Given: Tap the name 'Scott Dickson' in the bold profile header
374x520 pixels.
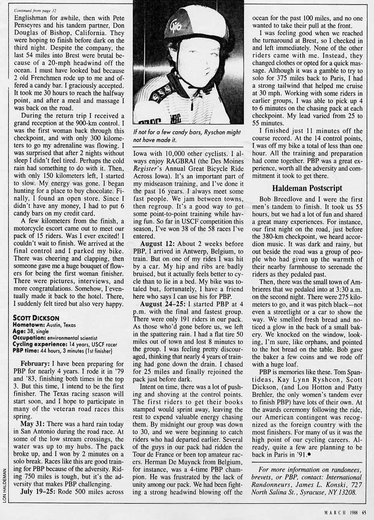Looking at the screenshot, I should [36, 318].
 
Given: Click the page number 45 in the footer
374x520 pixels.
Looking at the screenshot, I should [364, 511].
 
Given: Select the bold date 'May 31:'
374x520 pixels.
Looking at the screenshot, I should [33, 424].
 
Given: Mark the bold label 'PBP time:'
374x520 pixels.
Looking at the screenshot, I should [25, 351].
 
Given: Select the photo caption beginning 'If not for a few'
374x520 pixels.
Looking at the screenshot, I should [187, 136].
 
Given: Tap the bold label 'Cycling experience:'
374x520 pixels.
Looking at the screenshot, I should [38, 344].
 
